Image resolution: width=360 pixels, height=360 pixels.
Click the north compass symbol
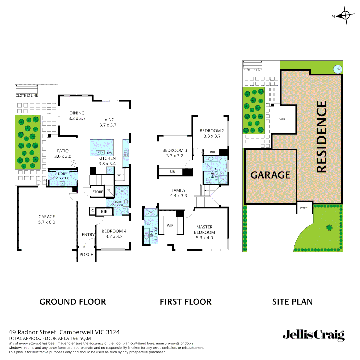pos(345,16)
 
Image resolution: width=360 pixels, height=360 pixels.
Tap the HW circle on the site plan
pos(338,69)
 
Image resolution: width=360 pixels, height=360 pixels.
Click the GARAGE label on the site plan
pos(270,175)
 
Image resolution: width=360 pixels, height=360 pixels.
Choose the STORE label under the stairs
pos(98,192)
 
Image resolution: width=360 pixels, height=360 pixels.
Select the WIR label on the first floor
pos(170,225)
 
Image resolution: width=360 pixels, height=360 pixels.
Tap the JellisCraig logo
pos(313,335)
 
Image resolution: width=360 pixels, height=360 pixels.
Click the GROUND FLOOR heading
pos(73,302)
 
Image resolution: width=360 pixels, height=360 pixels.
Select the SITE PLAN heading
pos(292,302)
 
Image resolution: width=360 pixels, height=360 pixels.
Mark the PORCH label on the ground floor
pos(86,254)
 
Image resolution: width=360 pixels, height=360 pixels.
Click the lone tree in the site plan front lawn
pos(329,228)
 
